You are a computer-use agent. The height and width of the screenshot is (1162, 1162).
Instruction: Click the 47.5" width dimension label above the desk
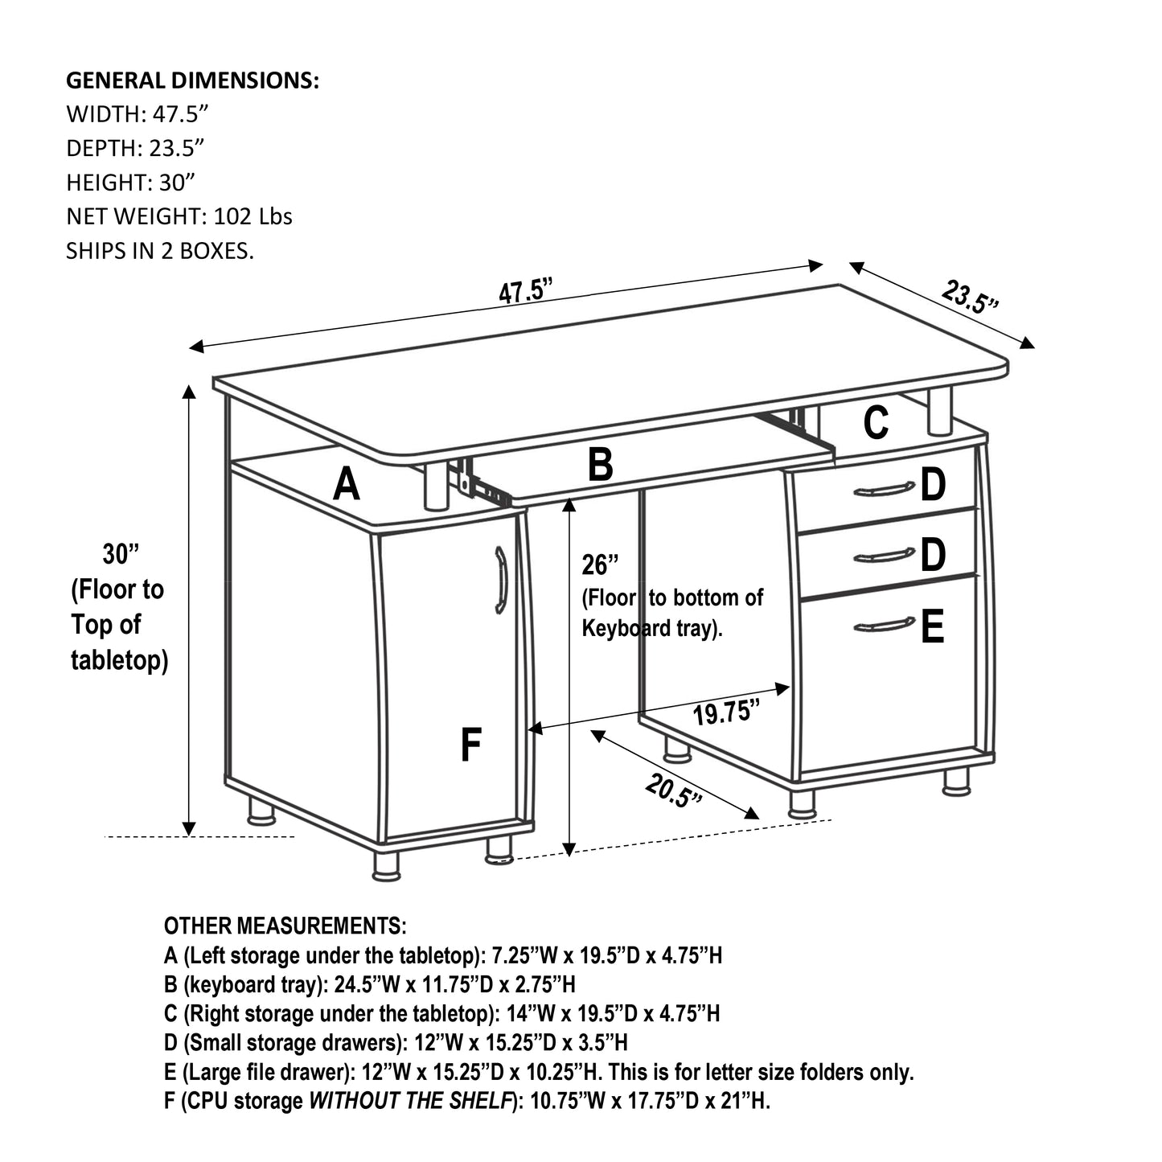tap(527, 291)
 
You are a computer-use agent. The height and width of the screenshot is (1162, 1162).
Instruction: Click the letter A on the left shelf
tap(346, 485)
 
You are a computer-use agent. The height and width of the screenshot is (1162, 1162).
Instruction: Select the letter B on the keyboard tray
tap(601, 466)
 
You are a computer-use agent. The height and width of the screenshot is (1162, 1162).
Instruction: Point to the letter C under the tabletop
tap(876, 423)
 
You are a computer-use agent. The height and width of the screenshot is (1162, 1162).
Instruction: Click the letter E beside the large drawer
tap(932, 627)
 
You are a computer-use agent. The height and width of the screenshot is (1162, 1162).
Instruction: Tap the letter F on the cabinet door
tap(470, 745)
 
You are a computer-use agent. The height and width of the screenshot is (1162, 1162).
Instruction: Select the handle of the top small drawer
tap(883, 489)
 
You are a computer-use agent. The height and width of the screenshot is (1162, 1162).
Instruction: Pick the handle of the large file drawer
tap(883, 625)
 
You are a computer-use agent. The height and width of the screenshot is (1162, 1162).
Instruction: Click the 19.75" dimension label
tap(726, 712)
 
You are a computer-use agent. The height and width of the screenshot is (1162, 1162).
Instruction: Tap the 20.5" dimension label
tap(673, 791)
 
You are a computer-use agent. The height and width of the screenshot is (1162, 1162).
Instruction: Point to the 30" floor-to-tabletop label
tap(121, 554)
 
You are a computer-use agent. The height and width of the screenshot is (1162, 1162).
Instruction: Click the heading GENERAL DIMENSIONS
tap(192, 80)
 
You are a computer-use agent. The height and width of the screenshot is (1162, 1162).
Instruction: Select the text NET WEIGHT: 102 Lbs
tap(179, 216)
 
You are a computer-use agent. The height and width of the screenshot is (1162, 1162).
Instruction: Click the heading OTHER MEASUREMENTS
tap(285, 926)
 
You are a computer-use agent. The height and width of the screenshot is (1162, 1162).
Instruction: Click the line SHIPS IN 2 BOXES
tap(159, 251)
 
